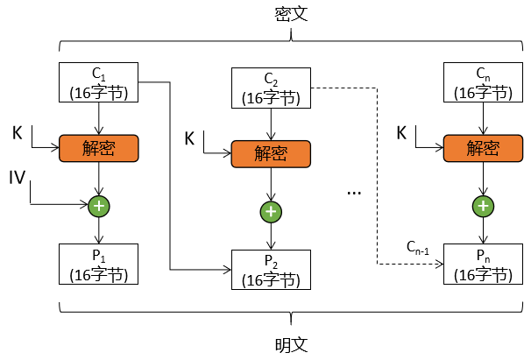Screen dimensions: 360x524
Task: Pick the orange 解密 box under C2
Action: pyautogui.click(x=271, y=153)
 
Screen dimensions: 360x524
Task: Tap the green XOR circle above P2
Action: pyautogui.click(x=271, y=211)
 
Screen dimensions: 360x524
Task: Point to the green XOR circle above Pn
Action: pyautogui.click(x=481, y=206)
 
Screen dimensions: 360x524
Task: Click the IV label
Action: pyautogui.click(x=18, y=180)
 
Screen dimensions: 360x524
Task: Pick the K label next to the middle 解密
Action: pyautogui.click(x=190, y=138)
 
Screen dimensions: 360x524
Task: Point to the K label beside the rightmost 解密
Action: pyautogui.click(x=401, y=132)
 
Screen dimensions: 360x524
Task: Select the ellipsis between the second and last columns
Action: pyautogui.click(x=354, y=190)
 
